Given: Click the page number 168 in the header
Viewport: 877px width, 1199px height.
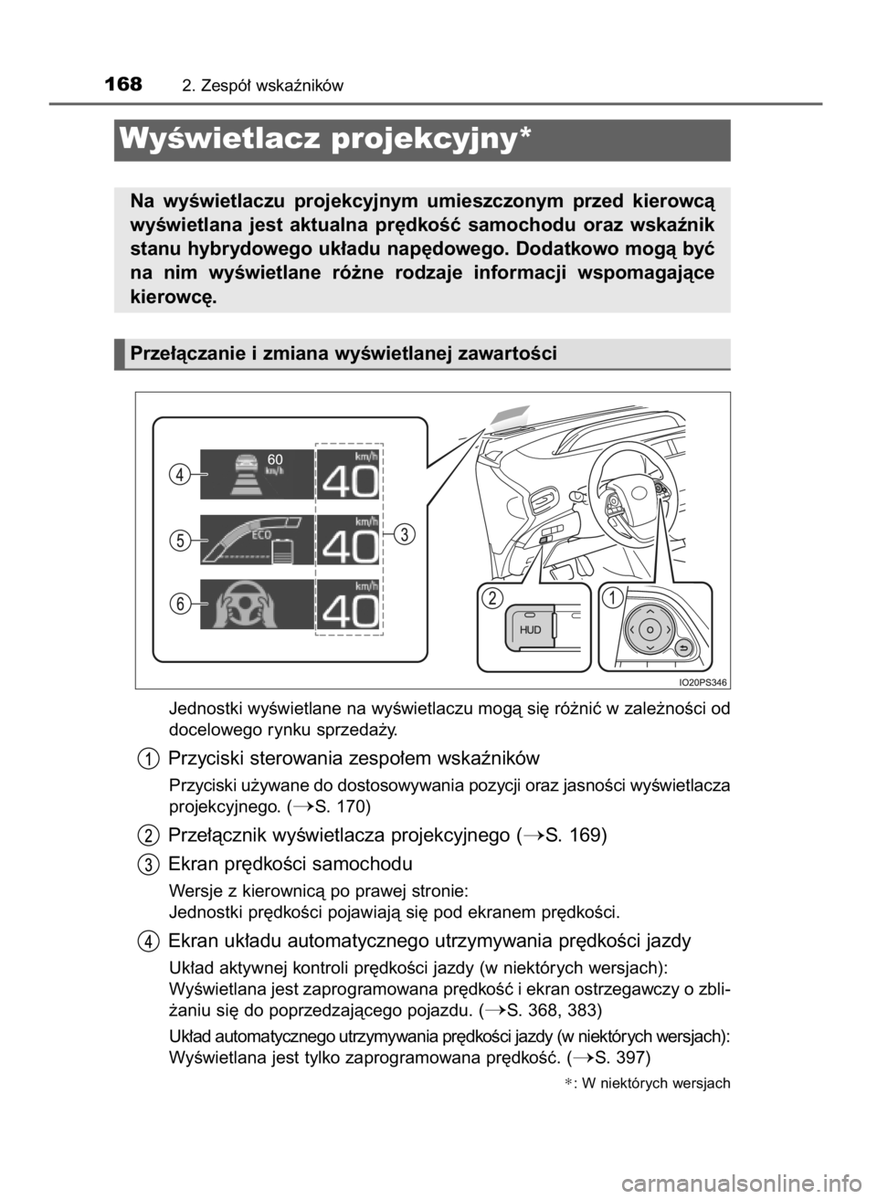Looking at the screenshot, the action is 123,84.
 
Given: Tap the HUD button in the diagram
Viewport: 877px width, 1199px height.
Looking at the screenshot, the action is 530,629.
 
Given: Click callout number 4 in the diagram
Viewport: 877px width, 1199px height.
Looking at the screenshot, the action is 181,474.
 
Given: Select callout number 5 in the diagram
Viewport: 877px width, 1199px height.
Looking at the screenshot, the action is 181,540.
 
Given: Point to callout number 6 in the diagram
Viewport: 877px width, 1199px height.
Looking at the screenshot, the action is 181,604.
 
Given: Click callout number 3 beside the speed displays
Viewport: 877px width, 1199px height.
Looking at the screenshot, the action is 406,533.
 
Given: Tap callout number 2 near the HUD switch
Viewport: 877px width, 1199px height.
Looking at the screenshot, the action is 492,598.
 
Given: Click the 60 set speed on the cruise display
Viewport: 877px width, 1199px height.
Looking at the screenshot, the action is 275,458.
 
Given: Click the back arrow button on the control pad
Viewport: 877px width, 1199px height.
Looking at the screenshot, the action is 685,648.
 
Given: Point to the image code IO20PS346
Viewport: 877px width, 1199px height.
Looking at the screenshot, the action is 703,682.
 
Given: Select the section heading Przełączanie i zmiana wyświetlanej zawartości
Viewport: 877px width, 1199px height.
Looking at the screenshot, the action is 343,353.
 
